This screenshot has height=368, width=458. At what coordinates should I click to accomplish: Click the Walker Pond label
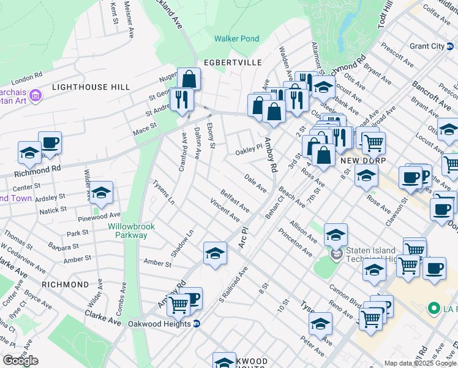coord(236,39)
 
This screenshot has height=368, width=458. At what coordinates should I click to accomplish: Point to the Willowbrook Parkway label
coord(132,231)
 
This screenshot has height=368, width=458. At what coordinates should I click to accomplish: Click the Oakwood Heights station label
coord(160,323)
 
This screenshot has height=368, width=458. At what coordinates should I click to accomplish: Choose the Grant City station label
coord(427,46)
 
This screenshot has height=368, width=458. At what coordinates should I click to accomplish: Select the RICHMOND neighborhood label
coord(66,285)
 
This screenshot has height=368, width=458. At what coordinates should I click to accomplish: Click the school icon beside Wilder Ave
coord(102,192)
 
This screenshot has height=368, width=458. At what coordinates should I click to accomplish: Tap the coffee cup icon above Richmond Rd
coord(50,143)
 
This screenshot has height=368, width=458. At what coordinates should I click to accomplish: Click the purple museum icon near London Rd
coord(35,95)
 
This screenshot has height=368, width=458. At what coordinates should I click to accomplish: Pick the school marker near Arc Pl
coord(215,253)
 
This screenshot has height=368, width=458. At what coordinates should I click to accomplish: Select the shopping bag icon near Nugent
coord(189,79)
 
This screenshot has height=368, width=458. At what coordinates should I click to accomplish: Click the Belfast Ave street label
coord(235,201)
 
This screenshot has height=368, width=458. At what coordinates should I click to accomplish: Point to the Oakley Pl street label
coord(249,150)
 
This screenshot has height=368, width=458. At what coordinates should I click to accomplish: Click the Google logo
coord(20,360)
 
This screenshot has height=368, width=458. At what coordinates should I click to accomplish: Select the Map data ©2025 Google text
coord(420,363)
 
